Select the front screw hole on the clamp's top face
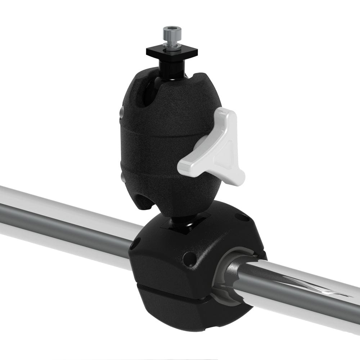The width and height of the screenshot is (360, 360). click(189, 258)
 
